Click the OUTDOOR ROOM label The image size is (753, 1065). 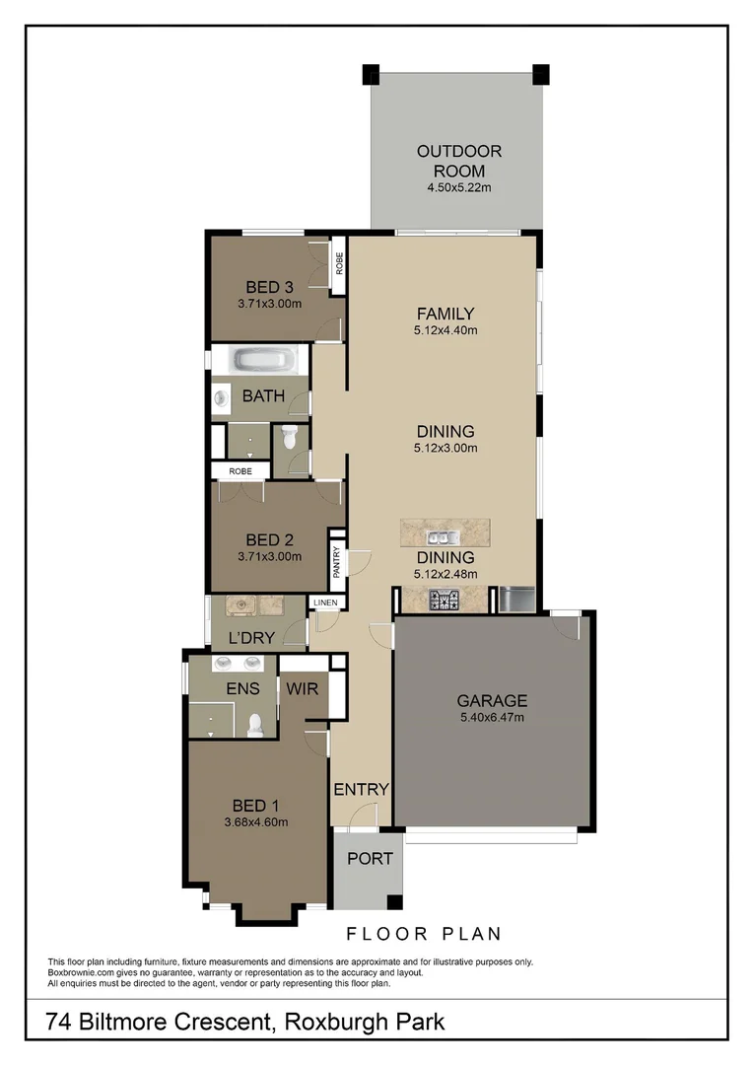point(458,161)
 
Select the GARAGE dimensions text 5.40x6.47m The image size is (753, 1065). point(491,718)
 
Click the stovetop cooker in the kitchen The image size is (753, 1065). point(444,598)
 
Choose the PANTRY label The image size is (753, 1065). point(337,563)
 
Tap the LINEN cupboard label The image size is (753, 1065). point(325,603)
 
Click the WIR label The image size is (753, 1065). point(304,688)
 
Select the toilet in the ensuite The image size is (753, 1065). point(255,725)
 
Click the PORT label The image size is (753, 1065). point(370,859)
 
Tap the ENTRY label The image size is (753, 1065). point(361,790)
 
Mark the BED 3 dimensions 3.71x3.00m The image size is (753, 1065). point(269,304)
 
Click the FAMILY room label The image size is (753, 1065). point(445,315)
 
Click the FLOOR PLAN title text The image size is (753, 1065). point(424,934)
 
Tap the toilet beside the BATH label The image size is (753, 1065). point(290,437)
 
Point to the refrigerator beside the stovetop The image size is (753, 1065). point(515,598)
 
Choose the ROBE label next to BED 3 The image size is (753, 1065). point(338,264)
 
